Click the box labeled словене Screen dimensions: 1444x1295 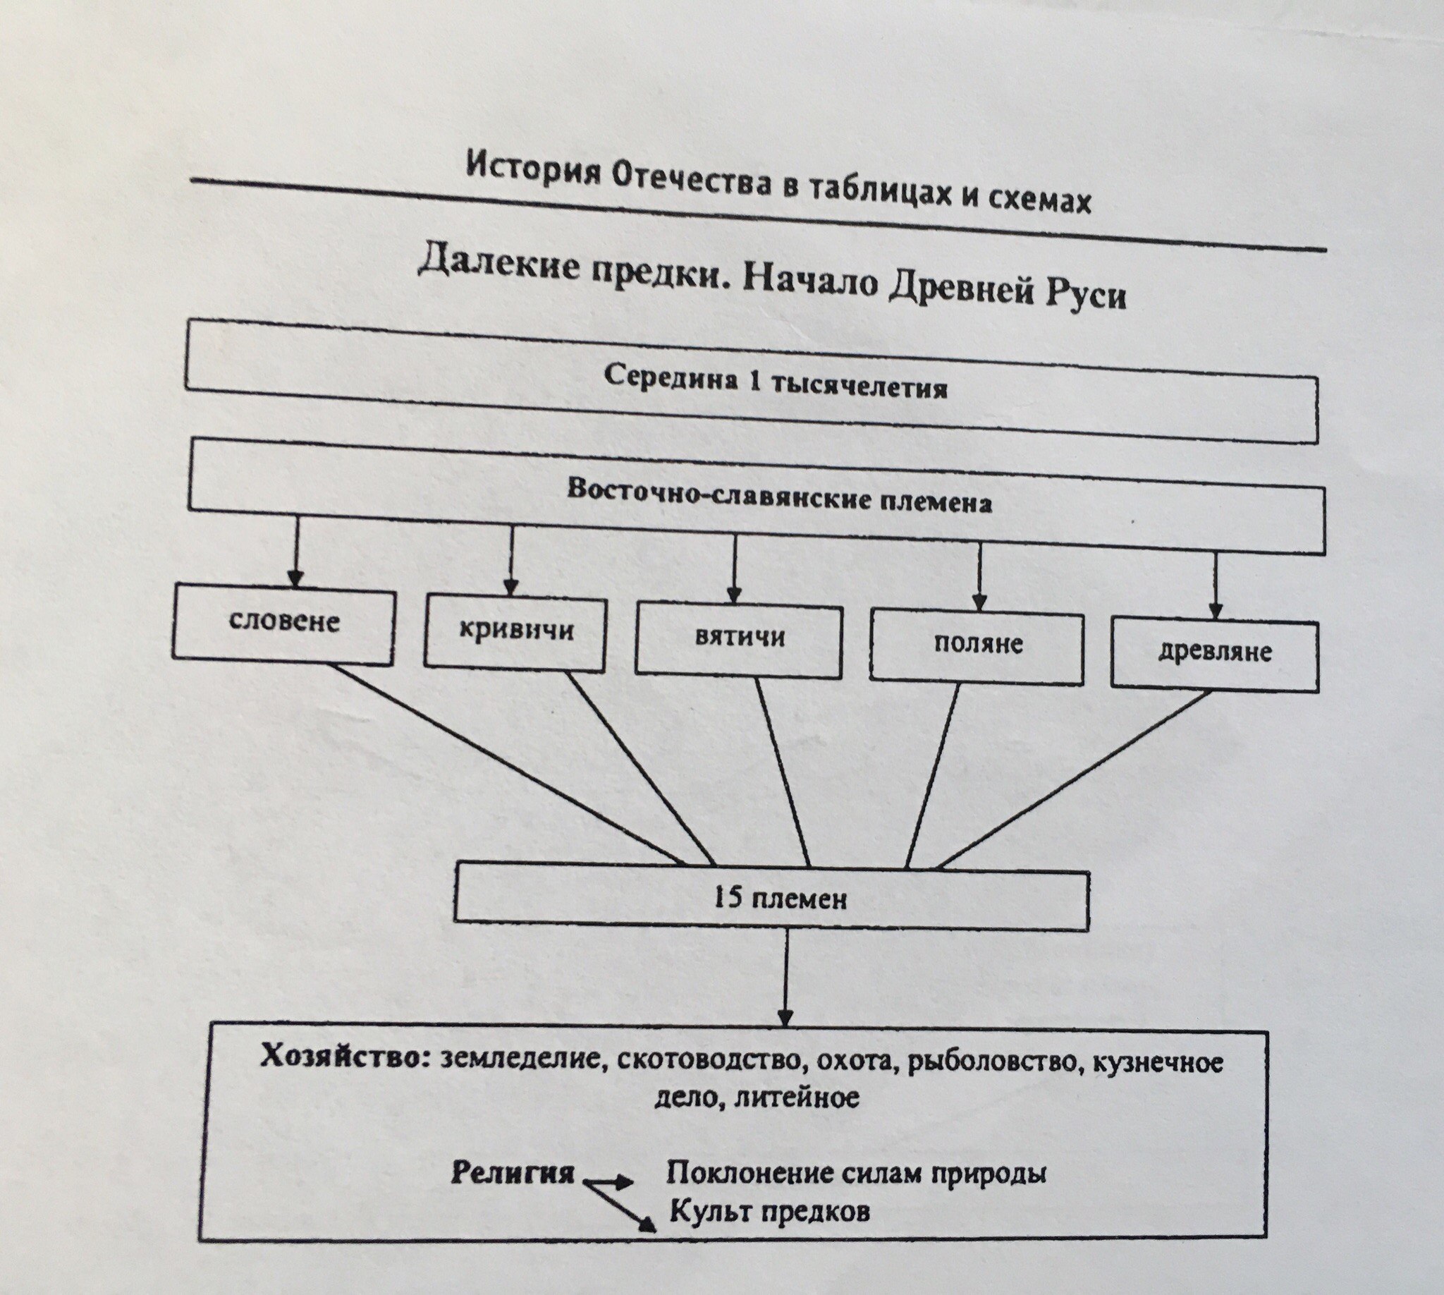pyautogui.click(x=283, y=624)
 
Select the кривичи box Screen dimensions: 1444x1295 pyautogui.click(x=515, y=633)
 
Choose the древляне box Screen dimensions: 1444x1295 pyautogui.click(x=1214, y=655)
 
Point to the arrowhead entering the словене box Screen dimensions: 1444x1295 pyautogui.click(x=296, y=576)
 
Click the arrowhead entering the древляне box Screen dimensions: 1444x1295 pyautogui.click(x=1216, y=611)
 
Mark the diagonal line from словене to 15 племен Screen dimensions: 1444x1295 pyautogui.click(x=509, y=765)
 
